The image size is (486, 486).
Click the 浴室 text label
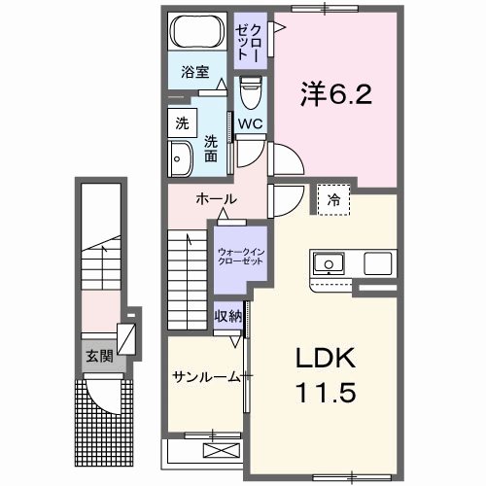coord(194,72)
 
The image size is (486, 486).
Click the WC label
coord(250,123)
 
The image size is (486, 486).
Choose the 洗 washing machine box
coord(182,123)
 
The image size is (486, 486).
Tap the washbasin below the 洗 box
coord(181,158)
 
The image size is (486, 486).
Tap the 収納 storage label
coord(228,317)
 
